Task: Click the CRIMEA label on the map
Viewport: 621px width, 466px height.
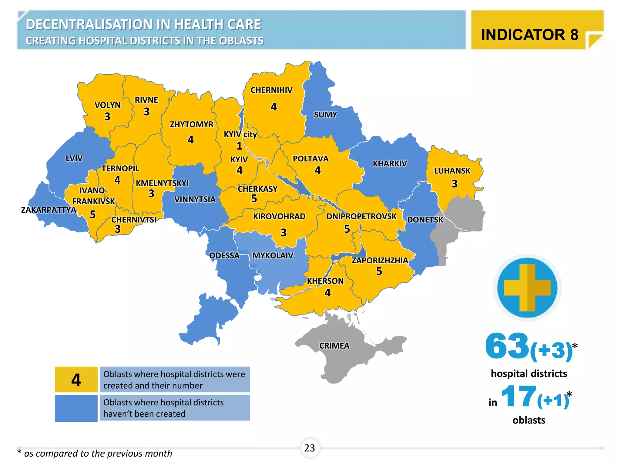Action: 334,346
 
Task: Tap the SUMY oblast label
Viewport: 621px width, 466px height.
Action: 325,115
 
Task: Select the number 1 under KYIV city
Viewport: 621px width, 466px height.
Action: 239,146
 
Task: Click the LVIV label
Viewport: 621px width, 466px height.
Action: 74,158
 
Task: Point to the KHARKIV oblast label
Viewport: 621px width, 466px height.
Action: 390,164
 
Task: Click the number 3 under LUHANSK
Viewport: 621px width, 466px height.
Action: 454,184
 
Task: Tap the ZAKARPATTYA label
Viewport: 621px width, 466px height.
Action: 49,210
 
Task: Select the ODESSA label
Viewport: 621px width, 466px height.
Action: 224,255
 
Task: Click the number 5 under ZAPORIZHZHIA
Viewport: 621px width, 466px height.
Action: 379,271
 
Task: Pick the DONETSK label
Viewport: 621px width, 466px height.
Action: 425,220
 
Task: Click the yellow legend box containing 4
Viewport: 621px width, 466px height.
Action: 76,380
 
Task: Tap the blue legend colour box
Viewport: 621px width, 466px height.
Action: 76,408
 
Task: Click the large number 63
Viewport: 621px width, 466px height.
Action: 507,346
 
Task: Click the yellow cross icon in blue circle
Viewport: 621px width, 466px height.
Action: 527,288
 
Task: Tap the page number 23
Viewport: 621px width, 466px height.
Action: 310,448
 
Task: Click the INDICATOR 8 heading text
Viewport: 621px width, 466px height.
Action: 529,35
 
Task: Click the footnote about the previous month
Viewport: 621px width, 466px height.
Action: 95,453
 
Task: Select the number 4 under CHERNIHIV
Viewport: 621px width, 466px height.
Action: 274,107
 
